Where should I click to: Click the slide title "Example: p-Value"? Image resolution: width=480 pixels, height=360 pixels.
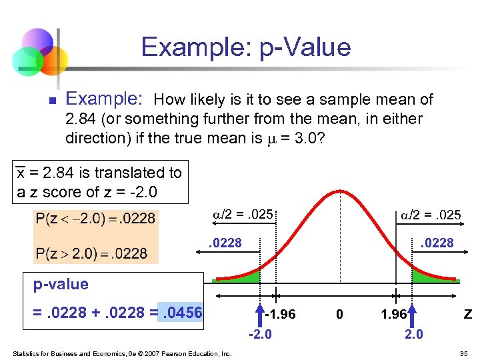245,47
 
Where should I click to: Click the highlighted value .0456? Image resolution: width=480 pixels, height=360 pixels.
180,313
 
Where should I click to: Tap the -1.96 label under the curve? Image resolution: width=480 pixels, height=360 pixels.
280,314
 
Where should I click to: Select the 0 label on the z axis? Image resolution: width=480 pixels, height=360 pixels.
339,314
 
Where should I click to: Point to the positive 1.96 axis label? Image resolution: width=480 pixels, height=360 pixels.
394,314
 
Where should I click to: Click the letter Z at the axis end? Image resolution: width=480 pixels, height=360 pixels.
467,314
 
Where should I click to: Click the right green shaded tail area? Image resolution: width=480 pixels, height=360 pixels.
427,275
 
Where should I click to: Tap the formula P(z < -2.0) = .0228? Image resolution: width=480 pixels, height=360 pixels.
95,218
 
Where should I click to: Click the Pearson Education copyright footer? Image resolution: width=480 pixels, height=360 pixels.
121,353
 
